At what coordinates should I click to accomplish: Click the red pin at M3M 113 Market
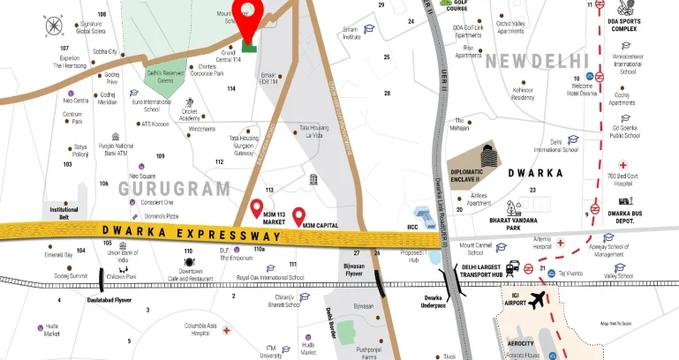[257, 208]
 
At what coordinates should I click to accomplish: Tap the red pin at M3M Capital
[298, 214]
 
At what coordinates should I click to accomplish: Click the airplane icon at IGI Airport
[536, 302]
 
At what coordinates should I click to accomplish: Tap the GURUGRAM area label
[174, 188]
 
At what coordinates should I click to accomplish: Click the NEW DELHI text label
[537, 61]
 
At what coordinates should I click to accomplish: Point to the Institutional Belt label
[63, 213]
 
